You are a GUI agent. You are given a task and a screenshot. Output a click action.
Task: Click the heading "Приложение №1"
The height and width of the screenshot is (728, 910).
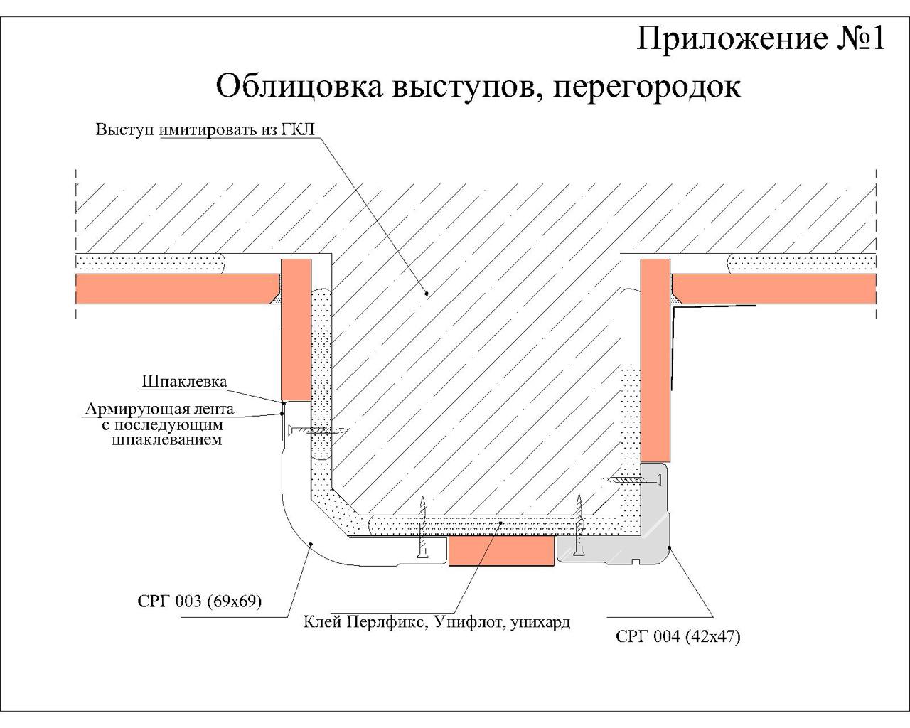760,39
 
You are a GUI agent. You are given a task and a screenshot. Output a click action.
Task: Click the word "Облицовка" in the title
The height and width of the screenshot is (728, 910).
299,86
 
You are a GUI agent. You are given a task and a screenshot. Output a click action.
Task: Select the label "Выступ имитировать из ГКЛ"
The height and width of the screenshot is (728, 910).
205,129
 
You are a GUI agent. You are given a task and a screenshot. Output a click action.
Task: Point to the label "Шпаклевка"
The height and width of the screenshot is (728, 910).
184,382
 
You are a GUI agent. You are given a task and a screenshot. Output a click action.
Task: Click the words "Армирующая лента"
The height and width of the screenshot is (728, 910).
159,409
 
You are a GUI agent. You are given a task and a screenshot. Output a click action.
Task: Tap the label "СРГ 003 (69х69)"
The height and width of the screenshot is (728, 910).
200,601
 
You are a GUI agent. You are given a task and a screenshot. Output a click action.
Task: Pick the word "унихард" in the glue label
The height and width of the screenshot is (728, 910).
540,623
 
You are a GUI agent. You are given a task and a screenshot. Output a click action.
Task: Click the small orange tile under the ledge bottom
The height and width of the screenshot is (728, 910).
500,551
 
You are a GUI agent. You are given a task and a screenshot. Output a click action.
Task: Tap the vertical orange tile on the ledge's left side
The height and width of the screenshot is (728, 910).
296,330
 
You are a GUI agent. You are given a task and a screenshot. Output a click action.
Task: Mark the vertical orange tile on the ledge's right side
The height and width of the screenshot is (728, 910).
655,360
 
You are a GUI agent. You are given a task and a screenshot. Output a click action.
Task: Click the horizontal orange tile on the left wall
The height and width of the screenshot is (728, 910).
177,289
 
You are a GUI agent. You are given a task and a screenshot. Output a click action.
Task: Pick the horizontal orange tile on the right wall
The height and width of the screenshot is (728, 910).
773,289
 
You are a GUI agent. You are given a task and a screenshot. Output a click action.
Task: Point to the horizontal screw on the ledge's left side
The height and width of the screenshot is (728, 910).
318,431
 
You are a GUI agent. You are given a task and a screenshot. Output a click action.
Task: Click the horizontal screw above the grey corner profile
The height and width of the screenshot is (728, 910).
633,480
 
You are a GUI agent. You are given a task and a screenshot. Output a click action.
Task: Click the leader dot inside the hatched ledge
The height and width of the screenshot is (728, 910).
427,293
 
